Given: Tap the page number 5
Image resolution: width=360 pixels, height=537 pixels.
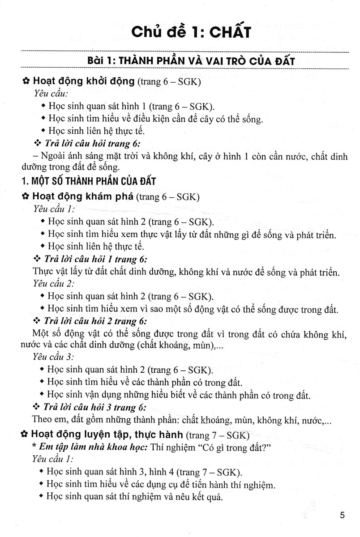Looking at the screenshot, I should tap(342, 516).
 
